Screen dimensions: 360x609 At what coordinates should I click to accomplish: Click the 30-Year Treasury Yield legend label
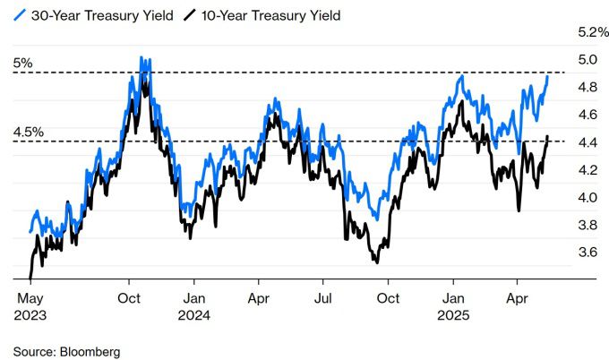[x=91, y=15]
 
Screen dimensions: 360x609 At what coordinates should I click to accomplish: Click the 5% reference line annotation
[x=22, y=64]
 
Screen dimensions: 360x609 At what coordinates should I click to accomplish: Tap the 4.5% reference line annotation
[x=28, y=133]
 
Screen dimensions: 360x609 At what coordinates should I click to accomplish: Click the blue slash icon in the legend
[x=21, y=15]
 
